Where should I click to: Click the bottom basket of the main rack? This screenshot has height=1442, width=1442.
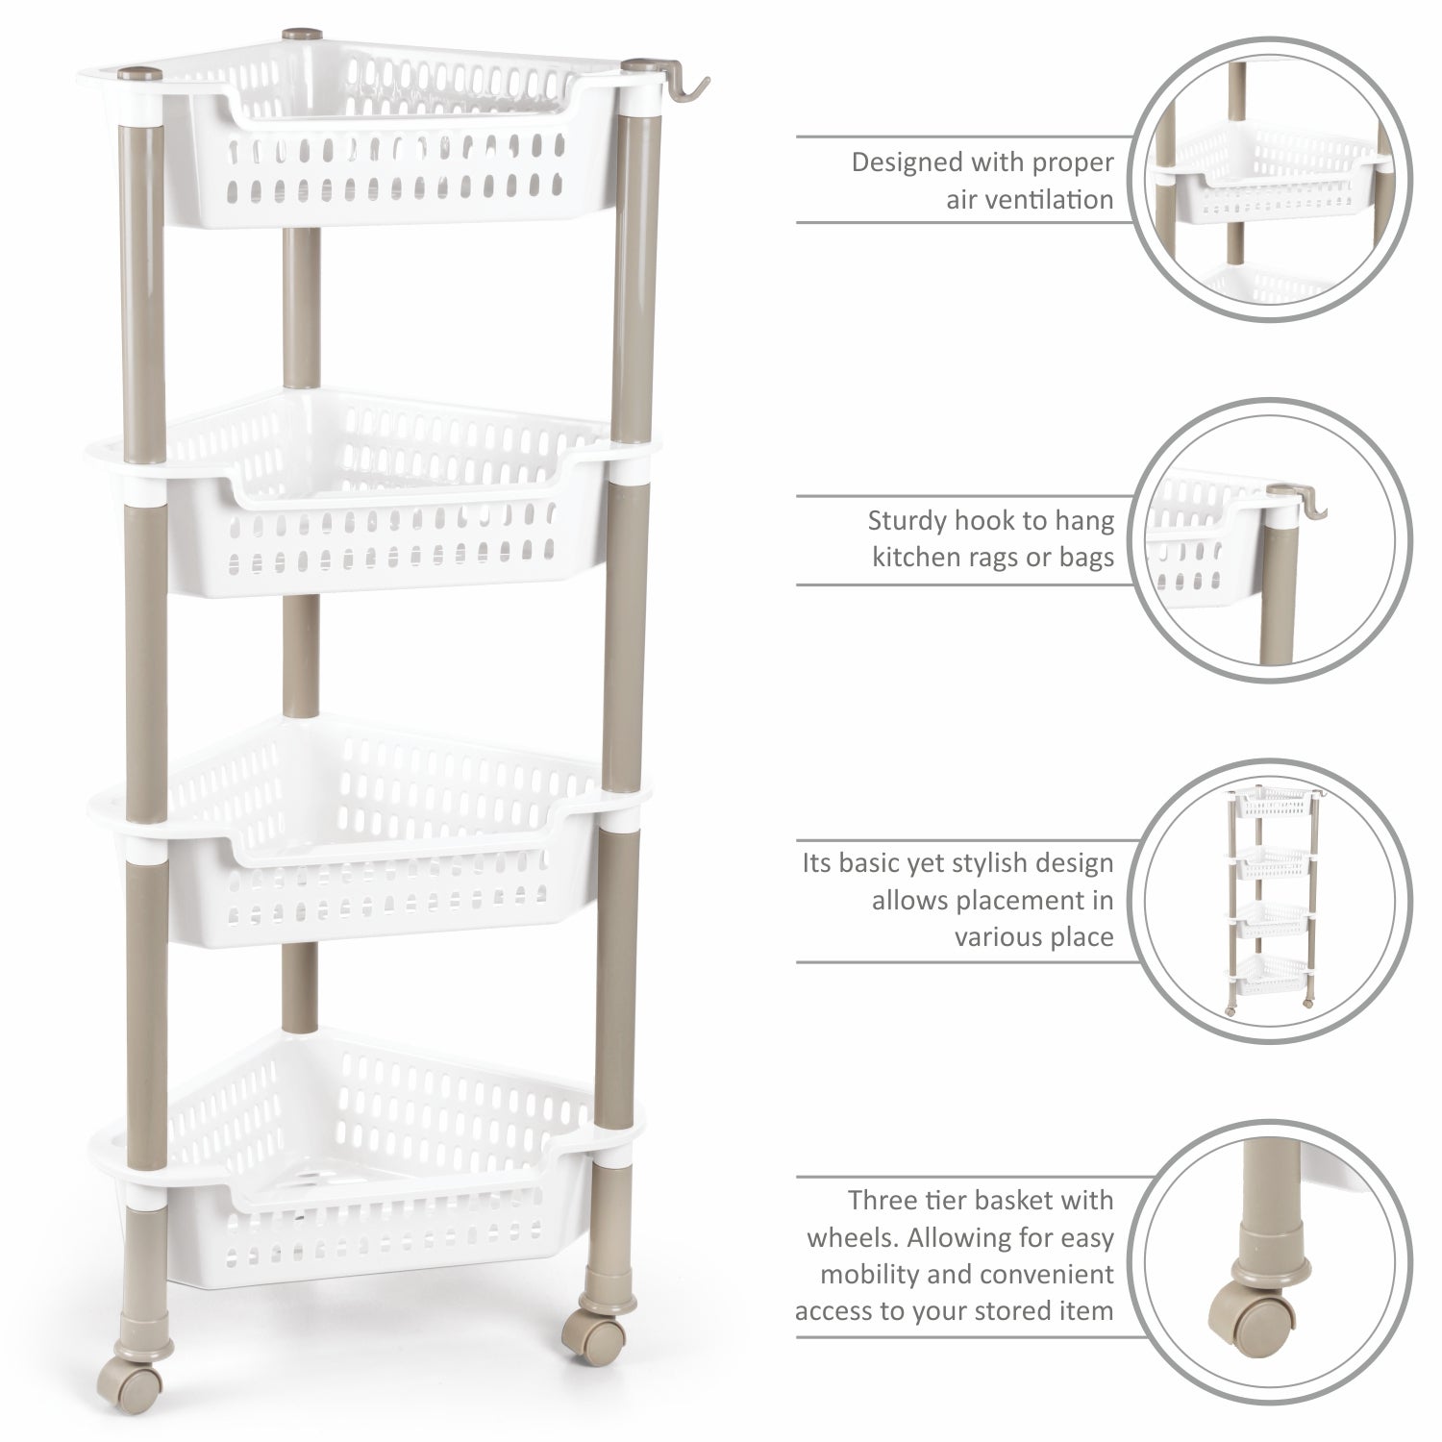[365, 1182]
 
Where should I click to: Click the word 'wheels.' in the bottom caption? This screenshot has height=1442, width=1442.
[851, 1237]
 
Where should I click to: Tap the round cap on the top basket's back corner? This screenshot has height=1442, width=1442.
[293, 36]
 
